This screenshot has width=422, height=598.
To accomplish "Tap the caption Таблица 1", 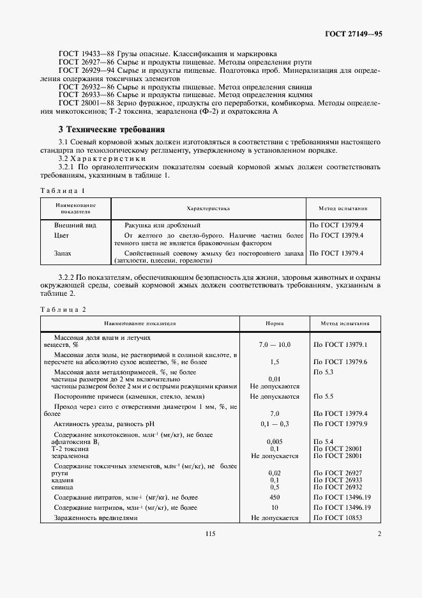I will tap(62, 190).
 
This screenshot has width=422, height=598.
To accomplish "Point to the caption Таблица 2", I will tap(63, 309).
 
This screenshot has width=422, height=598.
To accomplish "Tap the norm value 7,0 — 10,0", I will tap(275, 344).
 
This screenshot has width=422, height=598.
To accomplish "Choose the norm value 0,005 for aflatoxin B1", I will tap(275, 441).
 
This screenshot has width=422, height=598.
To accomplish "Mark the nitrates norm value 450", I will tap(275, 497).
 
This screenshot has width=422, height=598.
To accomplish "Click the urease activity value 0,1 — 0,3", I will tap(275, 424).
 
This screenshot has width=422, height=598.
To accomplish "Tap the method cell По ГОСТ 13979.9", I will tap(338, 424).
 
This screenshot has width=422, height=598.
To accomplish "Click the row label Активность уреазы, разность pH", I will tap(105, 424).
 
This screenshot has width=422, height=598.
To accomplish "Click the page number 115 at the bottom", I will tap(211, 534).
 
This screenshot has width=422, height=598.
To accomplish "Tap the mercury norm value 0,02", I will tap(275, 472).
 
